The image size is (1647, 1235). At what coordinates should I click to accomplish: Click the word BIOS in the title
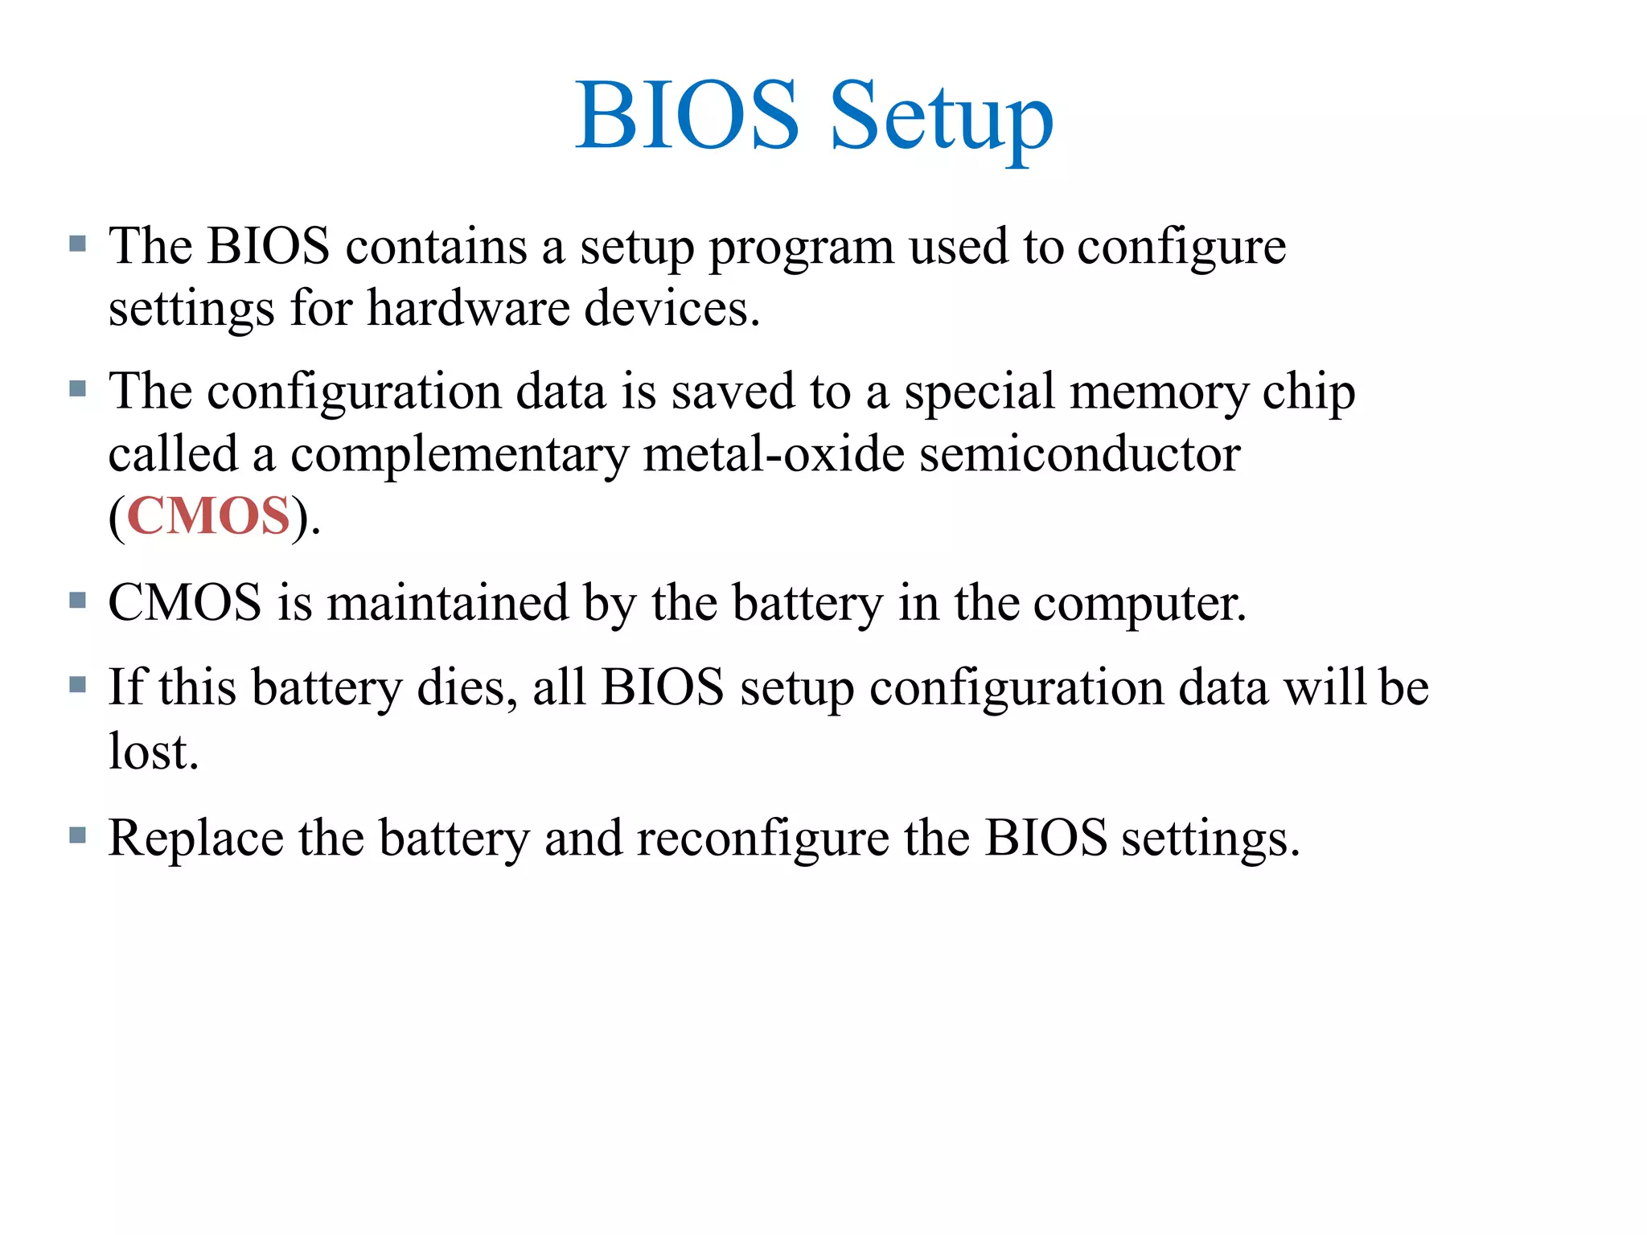click(x=687, y=116)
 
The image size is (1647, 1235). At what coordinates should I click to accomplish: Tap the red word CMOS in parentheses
click(x=208, y=515)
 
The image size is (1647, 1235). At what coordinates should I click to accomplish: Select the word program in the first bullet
click(x=801, y=248)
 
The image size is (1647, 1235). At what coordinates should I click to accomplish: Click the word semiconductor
click(x=1079, y=454)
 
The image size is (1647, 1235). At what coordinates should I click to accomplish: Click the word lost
click(x=153, y=752)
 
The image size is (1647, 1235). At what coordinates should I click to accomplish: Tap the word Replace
click(x=195, y=839)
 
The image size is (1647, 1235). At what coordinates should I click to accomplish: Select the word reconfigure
click(x=762, y=839)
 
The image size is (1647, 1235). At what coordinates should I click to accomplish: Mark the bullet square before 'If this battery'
click(x=77, y=685)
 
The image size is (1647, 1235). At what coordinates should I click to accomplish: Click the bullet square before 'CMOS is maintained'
click(x=77, y=600)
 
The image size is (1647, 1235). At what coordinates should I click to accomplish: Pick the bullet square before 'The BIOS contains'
click(x=77, y=244)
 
